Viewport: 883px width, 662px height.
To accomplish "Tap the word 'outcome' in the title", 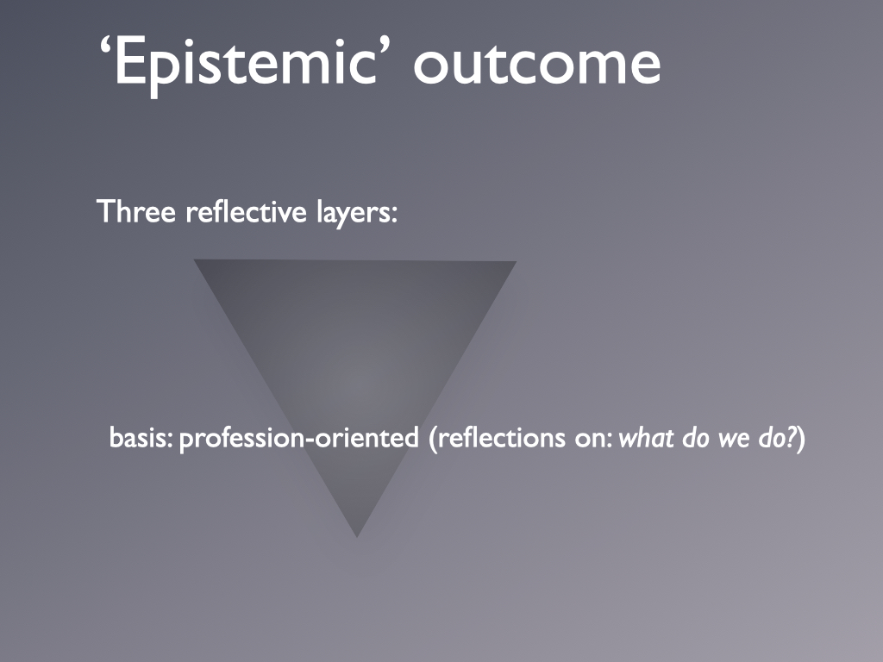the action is (537, 65).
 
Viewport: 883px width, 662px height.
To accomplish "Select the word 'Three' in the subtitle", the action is (136, 212).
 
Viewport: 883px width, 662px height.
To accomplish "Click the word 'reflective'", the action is (246, 212).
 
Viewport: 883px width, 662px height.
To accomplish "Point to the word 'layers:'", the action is (357, 213).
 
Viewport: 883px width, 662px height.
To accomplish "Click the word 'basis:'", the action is (141, 437).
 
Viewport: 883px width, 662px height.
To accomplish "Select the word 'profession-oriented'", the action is (299, 439).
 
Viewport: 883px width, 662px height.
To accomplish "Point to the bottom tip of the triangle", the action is (357, 538).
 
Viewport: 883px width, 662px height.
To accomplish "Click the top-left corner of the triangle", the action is (194, 259).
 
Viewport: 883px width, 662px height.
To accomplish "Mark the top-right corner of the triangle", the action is (517, 261).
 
